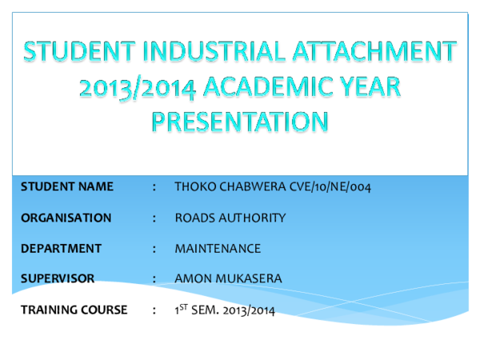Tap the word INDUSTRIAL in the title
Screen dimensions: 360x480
coord(204,52)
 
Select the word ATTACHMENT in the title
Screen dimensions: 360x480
coord(376,52)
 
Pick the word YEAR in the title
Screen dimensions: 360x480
coord(367,86)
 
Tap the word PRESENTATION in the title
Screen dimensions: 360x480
coord(240,121)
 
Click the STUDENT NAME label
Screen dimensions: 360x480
coord(67,187)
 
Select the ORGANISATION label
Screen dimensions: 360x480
coord(66,218)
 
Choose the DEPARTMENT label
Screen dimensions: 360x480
coord(61,249)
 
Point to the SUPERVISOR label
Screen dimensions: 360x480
coord(58,279)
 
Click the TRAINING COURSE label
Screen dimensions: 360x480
coord(74,310)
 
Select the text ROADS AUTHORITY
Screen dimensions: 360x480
coord(230,218)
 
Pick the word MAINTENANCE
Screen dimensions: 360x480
coord(218,249)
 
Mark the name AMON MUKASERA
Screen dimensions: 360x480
coord(224,279)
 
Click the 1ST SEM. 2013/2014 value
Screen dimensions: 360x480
coord(225,310)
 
